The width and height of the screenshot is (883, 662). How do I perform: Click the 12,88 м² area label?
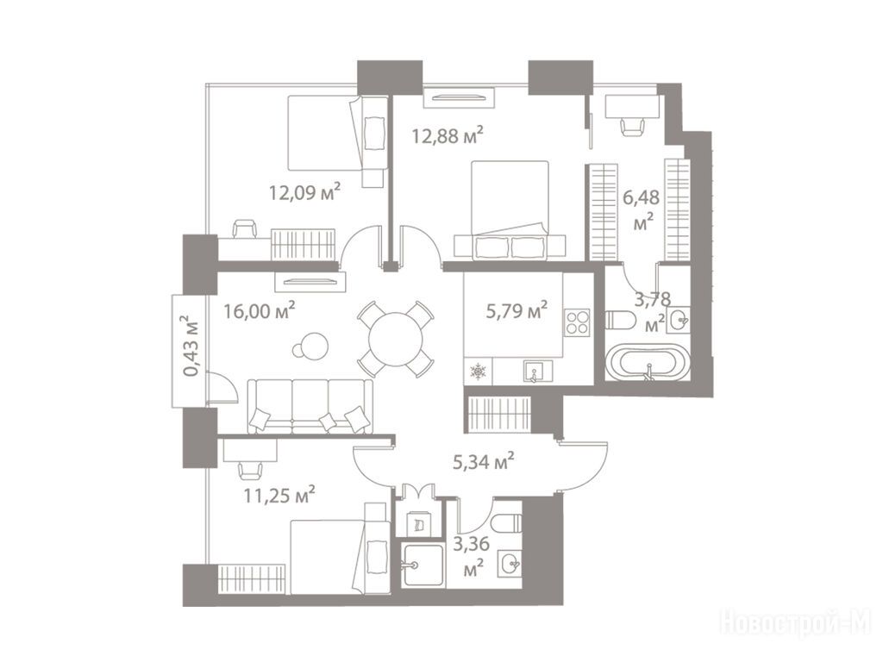point(448,135)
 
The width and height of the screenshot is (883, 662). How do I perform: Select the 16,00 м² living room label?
point(260,310)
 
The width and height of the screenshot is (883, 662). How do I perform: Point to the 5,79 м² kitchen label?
point(517,310)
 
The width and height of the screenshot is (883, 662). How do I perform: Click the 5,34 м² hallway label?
point(484,462)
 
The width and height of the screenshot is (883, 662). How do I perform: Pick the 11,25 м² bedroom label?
point(279,496)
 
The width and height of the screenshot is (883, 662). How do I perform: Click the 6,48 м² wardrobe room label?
point(641,209)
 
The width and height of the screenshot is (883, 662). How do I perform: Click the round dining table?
point(395,340)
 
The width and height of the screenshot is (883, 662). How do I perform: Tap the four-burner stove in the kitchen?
point(577,322)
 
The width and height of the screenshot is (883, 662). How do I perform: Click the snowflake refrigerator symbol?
point(478,372)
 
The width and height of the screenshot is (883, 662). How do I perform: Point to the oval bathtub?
point(647,364)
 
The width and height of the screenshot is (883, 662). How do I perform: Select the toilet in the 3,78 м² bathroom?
point(621,321)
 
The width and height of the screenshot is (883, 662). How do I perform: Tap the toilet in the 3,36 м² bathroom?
point(507,523)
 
